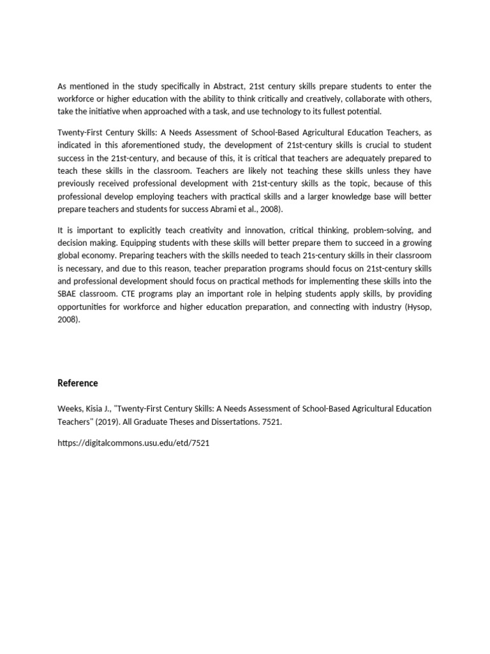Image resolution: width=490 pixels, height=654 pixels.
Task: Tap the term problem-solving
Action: [360, 230]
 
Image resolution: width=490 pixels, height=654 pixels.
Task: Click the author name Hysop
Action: [417, 307]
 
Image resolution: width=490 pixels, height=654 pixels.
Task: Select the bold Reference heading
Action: [78, 383]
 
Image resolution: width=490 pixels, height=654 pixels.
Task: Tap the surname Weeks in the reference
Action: [69, 409]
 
